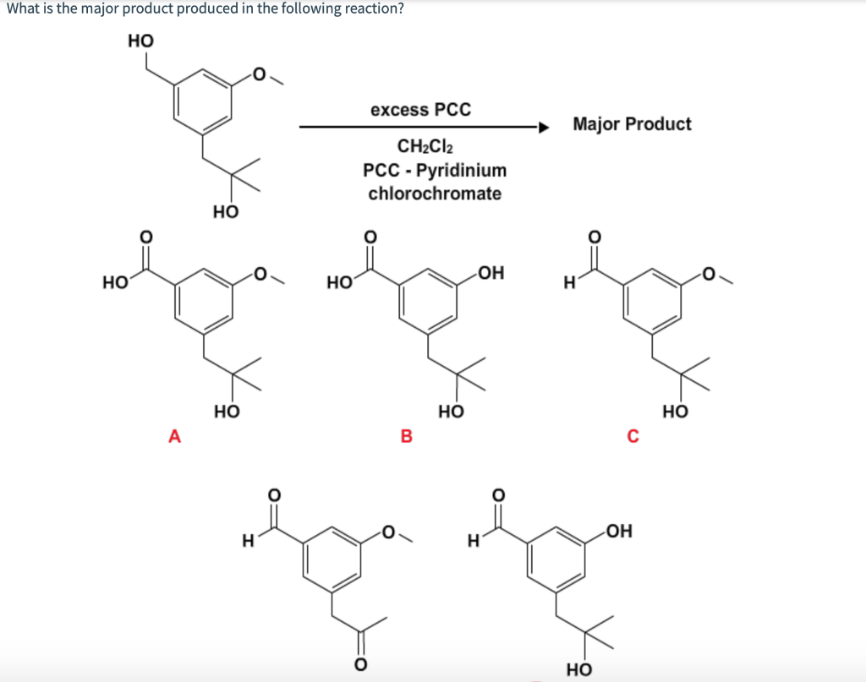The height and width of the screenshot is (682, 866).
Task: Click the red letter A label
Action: (174, 436)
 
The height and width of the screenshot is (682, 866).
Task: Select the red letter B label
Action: (405, 436)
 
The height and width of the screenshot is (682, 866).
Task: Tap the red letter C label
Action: (633, 436)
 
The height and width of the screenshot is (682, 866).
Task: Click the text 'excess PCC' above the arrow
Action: (420, 110)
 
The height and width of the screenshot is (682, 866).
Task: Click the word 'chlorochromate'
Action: (435, 194)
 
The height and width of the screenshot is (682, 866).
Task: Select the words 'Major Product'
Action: (632, 124)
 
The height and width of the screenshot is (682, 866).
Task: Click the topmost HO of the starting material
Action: (140, 40)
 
